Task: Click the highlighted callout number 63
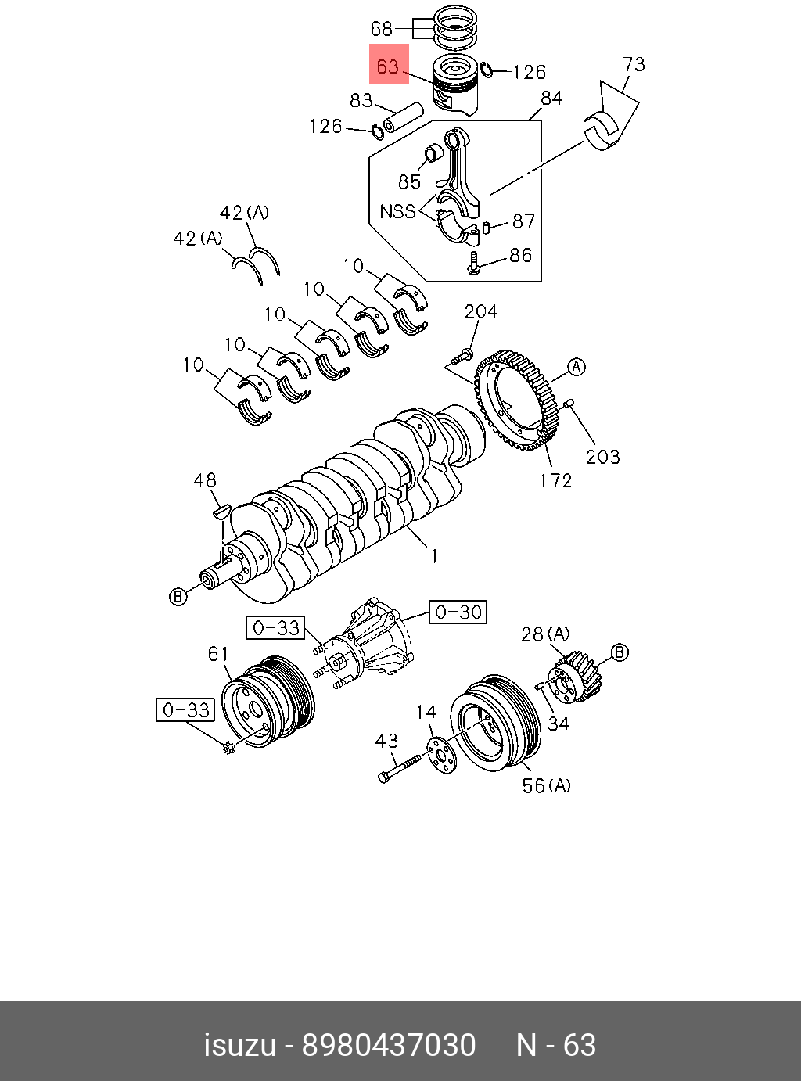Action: (x=388, y=66)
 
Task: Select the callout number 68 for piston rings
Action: (x=381, y=29)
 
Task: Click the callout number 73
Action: (x=634, y=64)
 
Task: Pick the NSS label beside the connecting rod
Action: (x=397, y=211)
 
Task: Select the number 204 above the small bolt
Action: (x=480, y=311)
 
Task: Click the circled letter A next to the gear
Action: (x=576, y=367)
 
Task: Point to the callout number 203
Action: (x=602, y=457)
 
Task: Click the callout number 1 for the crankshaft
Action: (x=434, y=556)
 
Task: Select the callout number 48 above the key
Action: (x=205, y=480)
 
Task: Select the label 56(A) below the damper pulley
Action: (x=546, y=785)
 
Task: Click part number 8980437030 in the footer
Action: (x=389, y=1045)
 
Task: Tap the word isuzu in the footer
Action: (x=240, y=1045)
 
